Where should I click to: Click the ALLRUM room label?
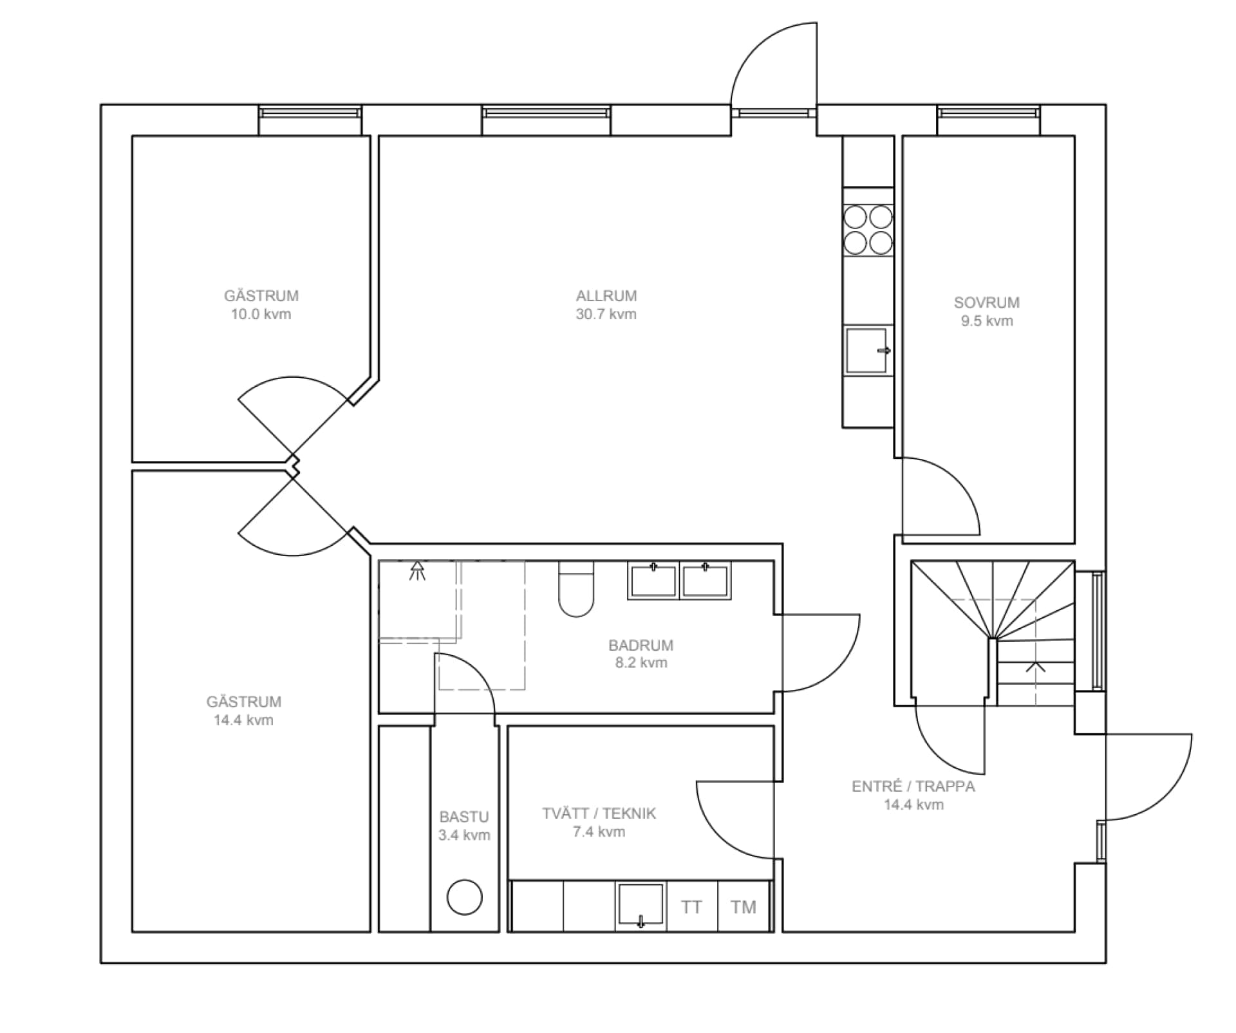coord(606,296)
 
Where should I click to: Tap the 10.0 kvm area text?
coord(261,315)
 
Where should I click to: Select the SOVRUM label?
coord(986,302)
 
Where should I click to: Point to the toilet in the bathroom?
coord(576,589)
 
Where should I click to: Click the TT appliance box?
coord(691,907)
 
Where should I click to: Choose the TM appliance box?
coord(743,907)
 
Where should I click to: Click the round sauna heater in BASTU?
coord(464,897)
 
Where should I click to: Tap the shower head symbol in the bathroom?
coord(417,570)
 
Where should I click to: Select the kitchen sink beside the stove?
coord(866,350)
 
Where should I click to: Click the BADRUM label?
coord(641,645)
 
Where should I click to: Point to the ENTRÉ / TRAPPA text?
coord(913,786)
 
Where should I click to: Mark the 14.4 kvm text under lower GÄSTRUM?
coord(243,720)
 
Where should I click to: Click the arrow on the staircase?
coord(1035,667)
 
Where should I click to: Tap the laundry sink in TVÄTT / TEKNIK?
coord(640,904)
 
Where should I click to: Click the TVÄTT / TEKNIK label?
coord(599,814)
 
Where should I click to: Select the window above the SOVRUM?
coord(988,113)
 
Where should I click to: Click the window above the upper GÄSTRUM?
coord(310,113)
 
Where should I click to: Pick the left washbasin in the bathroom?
coord(653,581)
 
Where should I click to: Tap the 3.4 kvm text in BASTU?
coord(464,835)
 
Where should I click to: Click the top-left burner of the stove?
coord(855,218)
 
